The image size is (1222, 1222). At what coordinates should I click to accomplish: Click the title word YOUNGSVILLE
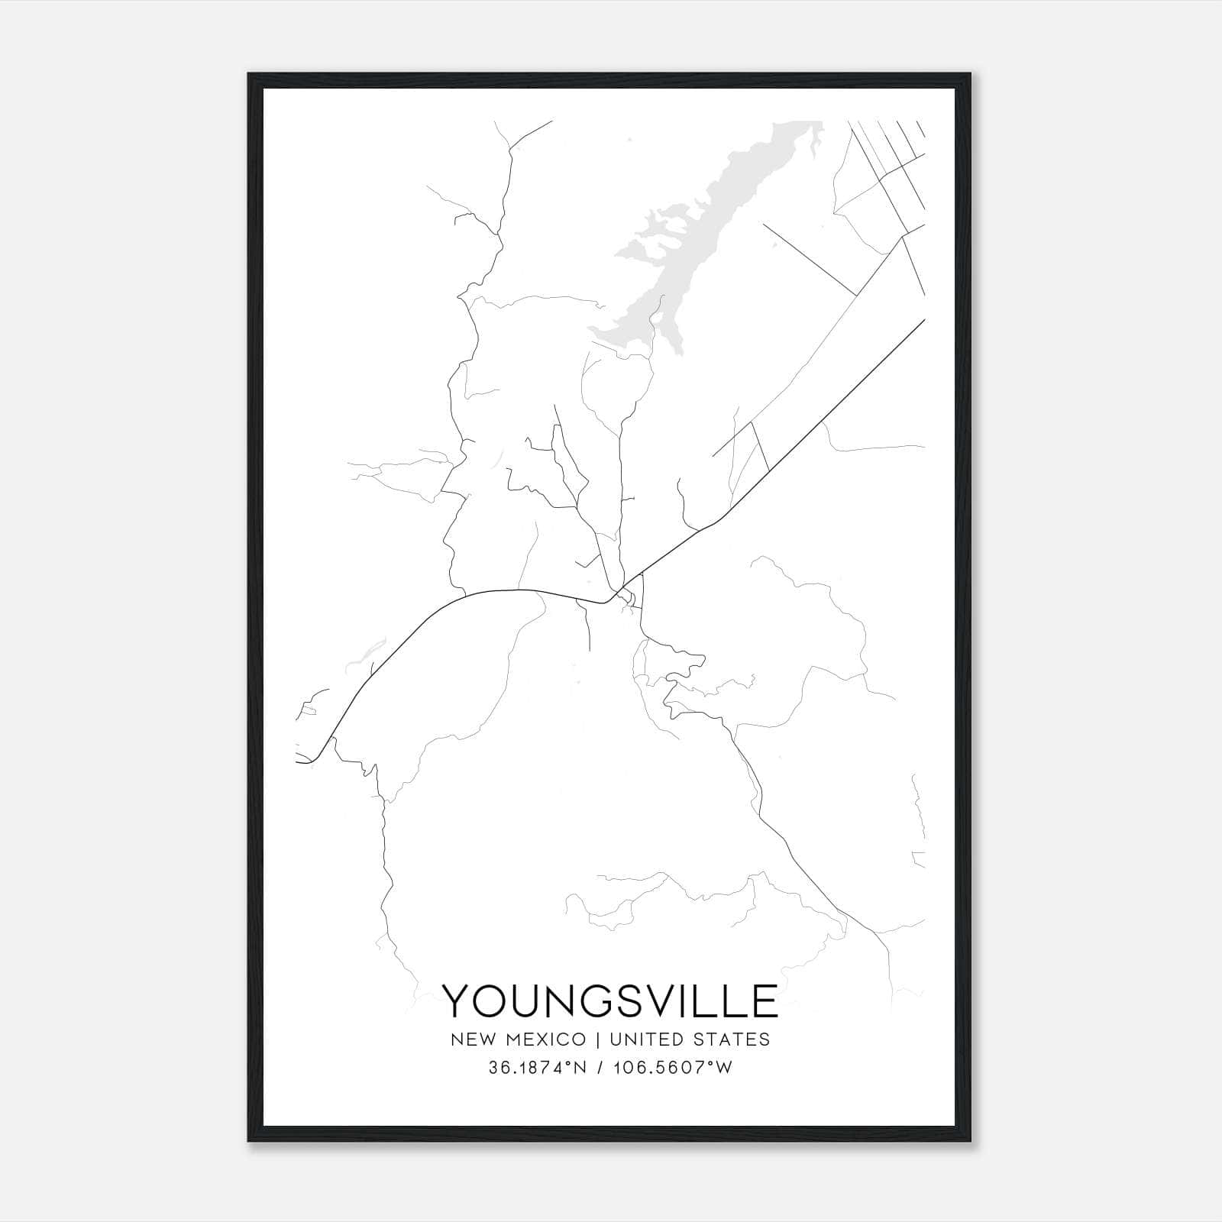click(610, 1001)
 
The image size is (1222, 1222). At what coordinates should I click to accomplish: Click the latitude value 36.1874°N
click(537, 1068)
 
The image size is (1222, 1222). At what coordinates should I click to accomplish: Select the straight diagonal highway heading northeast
click(825, 420)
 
